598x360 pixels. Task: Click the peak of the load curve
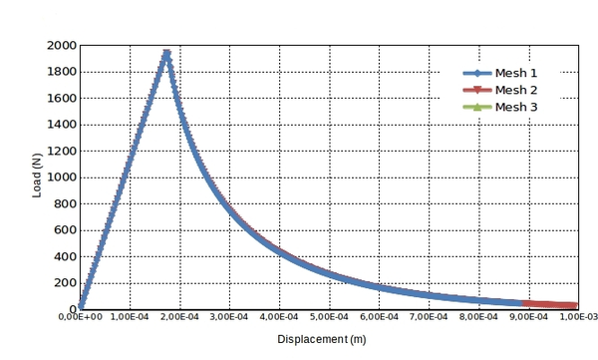click(x=166, y=54)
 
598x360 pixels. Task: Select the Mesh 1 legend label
click(x=517, y=73)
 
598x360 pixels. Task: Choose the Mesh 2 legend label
click(x=517, y=90)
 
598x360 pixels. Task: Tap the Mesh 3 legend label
click(x=517, y=107)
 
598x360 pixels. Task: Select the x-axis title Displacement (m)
click(x=322, y=340)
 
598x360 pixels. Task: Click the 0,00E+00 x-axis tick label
click(x=80, y=317)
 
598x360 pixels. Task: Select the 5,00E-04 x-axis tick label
click(x=329, y=317)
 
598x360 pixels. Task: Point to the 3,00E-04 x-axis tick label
click(x=229, y=317)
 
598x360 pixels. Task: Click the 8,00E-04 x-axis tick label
click(x=478, y=317)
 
